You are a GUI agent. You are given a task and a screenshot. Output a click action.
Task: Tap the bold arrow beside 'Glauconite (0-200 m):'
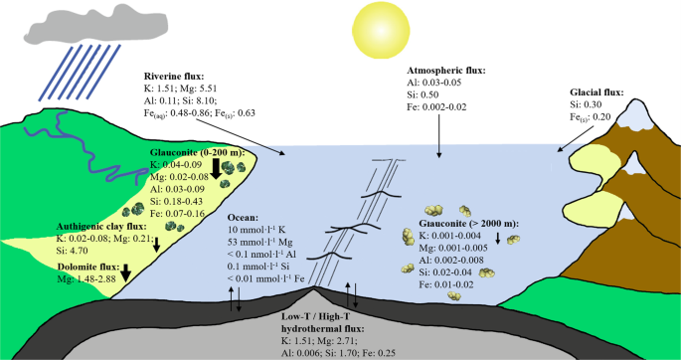[x=215, y=171]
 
